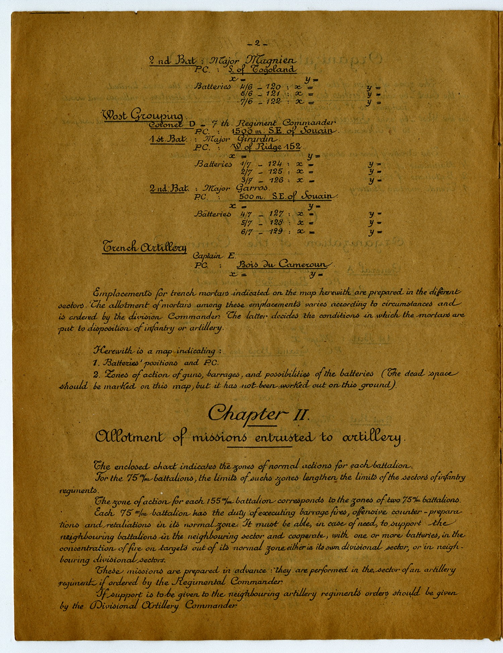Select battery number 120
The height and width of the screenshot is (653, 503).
[273, 86]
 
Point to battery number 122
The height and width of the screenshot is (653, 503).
[273, 102]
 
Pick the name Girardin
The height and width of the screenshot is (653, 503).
[258, 138]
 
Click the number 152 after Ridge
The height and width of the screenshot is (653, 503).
[293, 147]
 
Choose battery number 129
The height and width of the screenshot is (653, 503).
[275, 231]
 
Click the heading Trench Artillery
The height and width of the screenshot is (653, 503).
[144, 247]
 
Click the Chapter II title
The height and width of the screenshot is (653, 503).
[258, 414]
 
